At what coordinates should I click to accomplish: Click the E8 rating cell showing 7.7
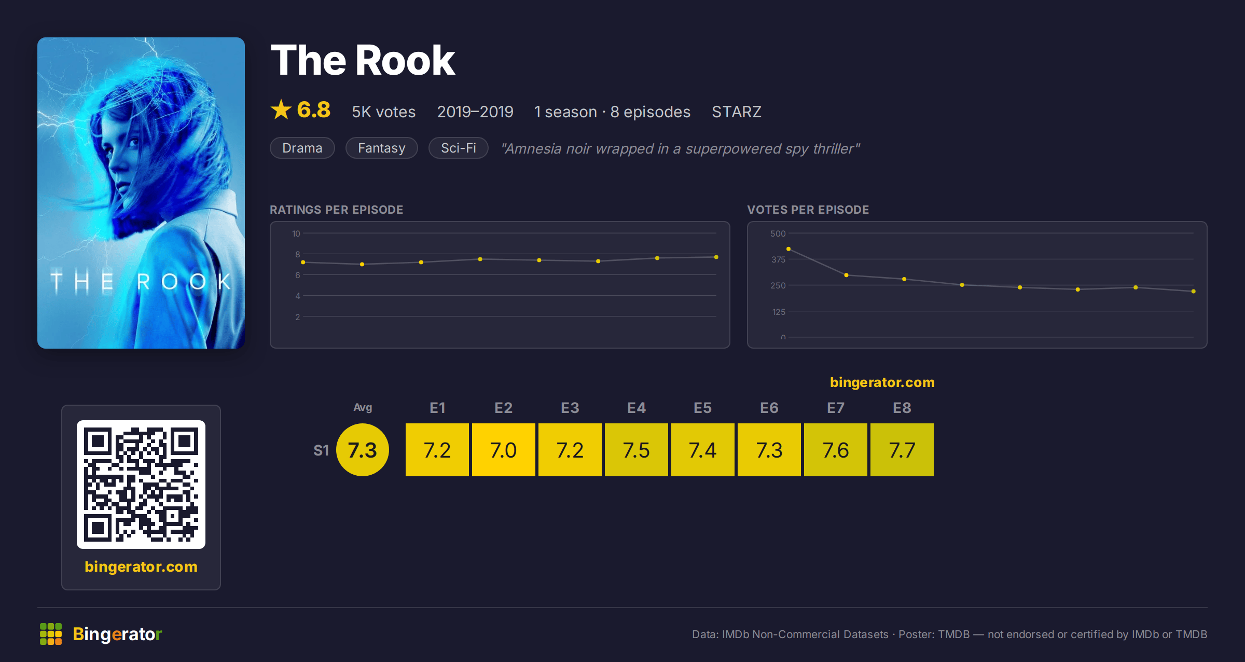tap(902, 450)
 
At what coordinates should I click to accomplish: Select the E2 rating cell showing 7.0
tap(504, 450)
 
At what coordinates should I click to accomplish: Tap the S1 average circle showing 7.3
tap(363, 450)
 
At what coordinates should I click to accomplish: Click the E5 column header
tap(703, 408)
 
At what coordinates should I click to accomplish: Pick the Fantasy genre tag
tap(382, 148)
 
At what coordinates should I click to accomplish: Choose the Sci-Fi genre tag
tap(459, 148)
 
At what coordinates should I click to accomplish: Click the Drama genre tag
tap(302, 148)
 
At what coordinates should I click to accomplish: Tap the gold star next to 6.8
tap(281, 109)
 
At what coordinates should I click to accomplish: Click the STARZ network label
tap(737, 112)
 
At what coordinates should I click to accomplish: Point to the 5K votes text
tap(384, 112)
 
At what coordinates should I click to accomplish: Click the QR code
tap(141, 485)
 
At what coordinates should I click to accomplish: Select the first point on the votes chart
tap(789, 249)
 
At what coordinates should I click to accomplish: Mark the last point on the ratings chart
tap(716, 257)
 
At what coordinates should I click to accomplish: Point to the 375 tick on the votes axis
tap(778, 259)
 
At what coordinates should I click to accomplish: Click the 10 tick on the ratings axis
tap(296, 233)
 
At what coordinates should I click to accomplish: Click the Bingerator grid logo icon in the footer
tap(51, 634)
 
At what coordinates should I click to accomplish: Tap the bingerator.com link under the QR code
tap(141, 567)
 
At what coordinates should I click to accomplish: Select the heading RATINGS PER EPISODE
tap(337, 210)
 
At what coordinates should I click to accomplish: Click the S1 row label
tap(321, 450)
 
